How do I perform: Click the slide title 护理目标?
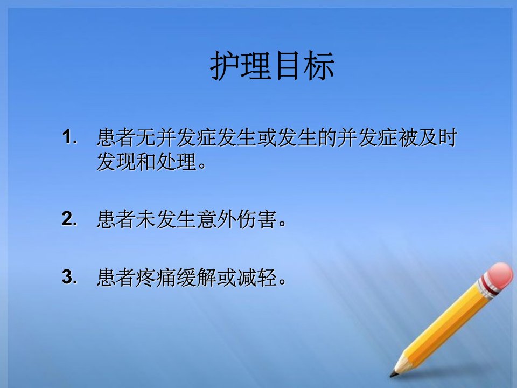click(x=273, y=65)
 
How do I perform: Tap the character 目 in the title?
click(x=288, y=66)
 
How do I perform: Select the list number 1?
click(x=69, y=137)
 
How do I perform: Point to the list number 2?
click(x=69, y=219)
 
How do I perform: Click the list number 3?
click(x=69, y=276)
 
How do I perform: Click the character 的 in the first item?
click(x=327, y=137)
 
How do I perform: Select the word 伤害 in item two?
click(x=257, y=219)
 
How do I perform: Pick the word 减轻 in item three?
click(x=257, y=277)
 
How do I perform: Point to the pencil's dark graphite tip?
click(x=393, y=375)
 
